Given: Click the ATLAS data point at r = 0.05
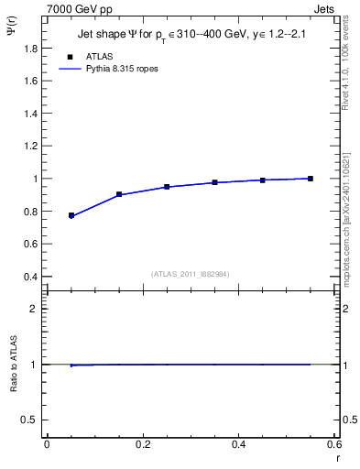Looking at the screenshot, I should pyautogui.click(x=71, y=215).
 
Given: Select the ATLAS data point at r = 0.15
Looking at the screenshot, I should pyautogui.click(x=119, y=194).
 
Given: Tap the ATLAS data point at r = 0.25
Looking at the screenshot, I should pyautogui.click(x=167, y=187).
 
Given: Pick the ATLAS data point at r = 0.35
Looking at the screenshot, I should pyautogui.click(x=214, y=182).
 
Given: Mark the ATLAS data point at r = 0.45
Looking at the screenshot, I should pyautogui.click(x=263, y=180).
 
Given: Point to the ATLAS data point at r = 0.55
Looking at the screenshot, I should pyautogui.click(x=311, y=179).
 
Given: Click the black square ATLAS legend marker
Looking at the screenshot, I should pyautogui.click(x=70, y=57).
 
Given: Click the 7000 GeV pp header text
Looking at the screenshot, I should pyautogui.click(x=80, y=8).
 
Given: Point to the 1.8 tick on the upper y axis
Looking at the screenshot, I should pyautogui.click(x=34, y=49).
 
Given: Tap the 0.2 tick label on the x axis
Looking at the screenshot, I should pyautogui.click(x=143, y=444).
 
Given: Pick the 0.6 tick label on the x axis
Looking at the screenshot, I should pyautogui.click(x=334, y=444).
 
